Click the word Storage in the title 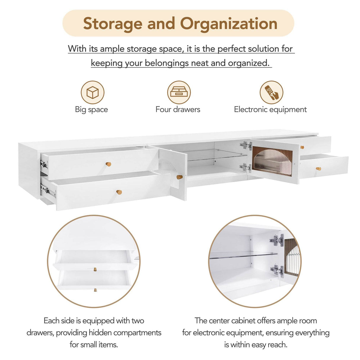tap(113, 23)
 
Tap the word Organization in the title tap(229, 23)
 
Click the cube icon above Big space tap(93, 93)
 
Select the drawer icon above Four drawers tap(179, 93)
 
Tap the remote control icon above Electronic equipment tap(271, 93)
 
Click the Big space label tap(91, 109)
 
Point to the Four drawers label tap(178, 109)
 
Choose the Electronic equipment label tap(270, 109)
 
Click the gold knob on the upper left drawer tap(109, 164)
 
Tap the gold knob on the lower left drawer tap(119, 192)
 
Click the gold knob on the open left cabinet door tap(179, 177)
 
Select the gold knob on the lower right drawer tap(318, 169)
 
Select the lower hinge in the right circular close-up tap(277, 270)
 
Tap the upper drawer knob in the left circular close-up tap(95, 269)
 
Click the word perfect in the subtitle tap(231, 49)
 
